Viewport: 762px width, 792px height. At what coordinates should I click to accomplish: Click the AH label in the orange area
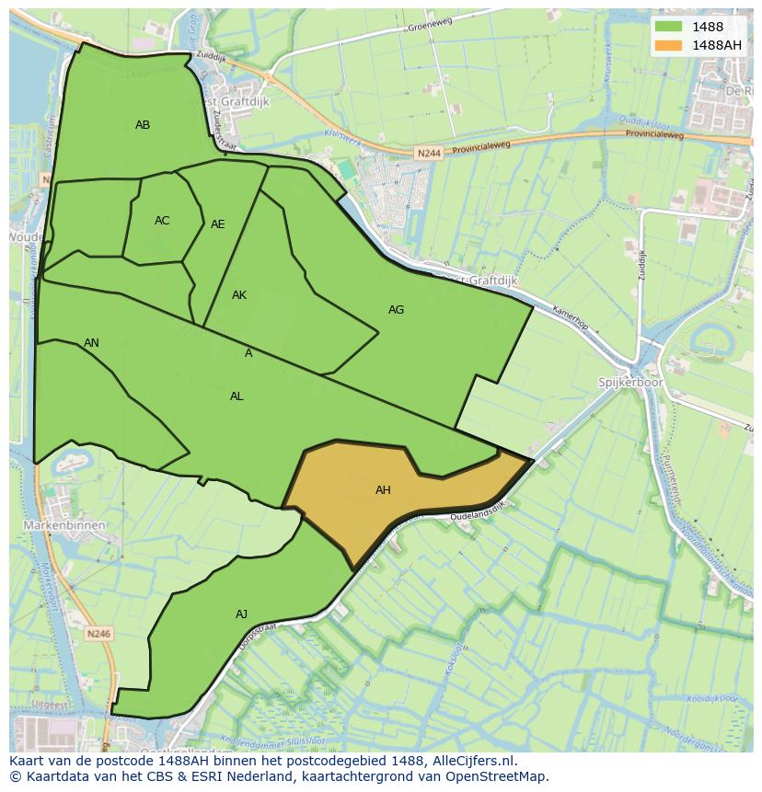click(x=383, y=490)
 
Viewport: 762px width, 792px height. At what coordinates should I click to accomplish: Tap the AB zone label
click(x=143, y=125)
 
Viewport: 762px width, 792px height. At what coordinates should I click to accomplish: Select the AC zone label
click(x=162, y=221)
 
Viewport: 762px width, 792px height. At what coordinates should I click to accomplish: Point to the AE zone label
click(x=218, y=224)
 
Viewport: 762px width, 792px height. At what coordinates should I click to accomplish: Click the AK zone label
click(x=239, y=295)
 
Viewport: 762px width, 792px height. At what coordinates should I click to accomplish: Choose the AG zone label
click(x=396, y=310)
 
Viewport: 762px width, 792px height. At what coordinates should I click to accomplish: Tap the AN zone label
click(x=91, y=343)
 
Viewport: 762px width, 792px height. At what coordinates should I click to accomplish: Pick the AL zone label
click(x=237, y=396)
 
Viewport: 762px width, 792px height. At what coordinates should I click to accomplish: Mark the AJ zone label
click(x=241, y=614)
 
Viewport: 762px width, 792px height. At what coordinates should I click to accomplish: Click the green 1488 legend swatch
click(x=668, y=27)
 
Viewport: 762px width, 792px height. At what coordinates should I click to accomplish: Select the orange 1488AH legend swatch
click(x=668, y=45)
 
